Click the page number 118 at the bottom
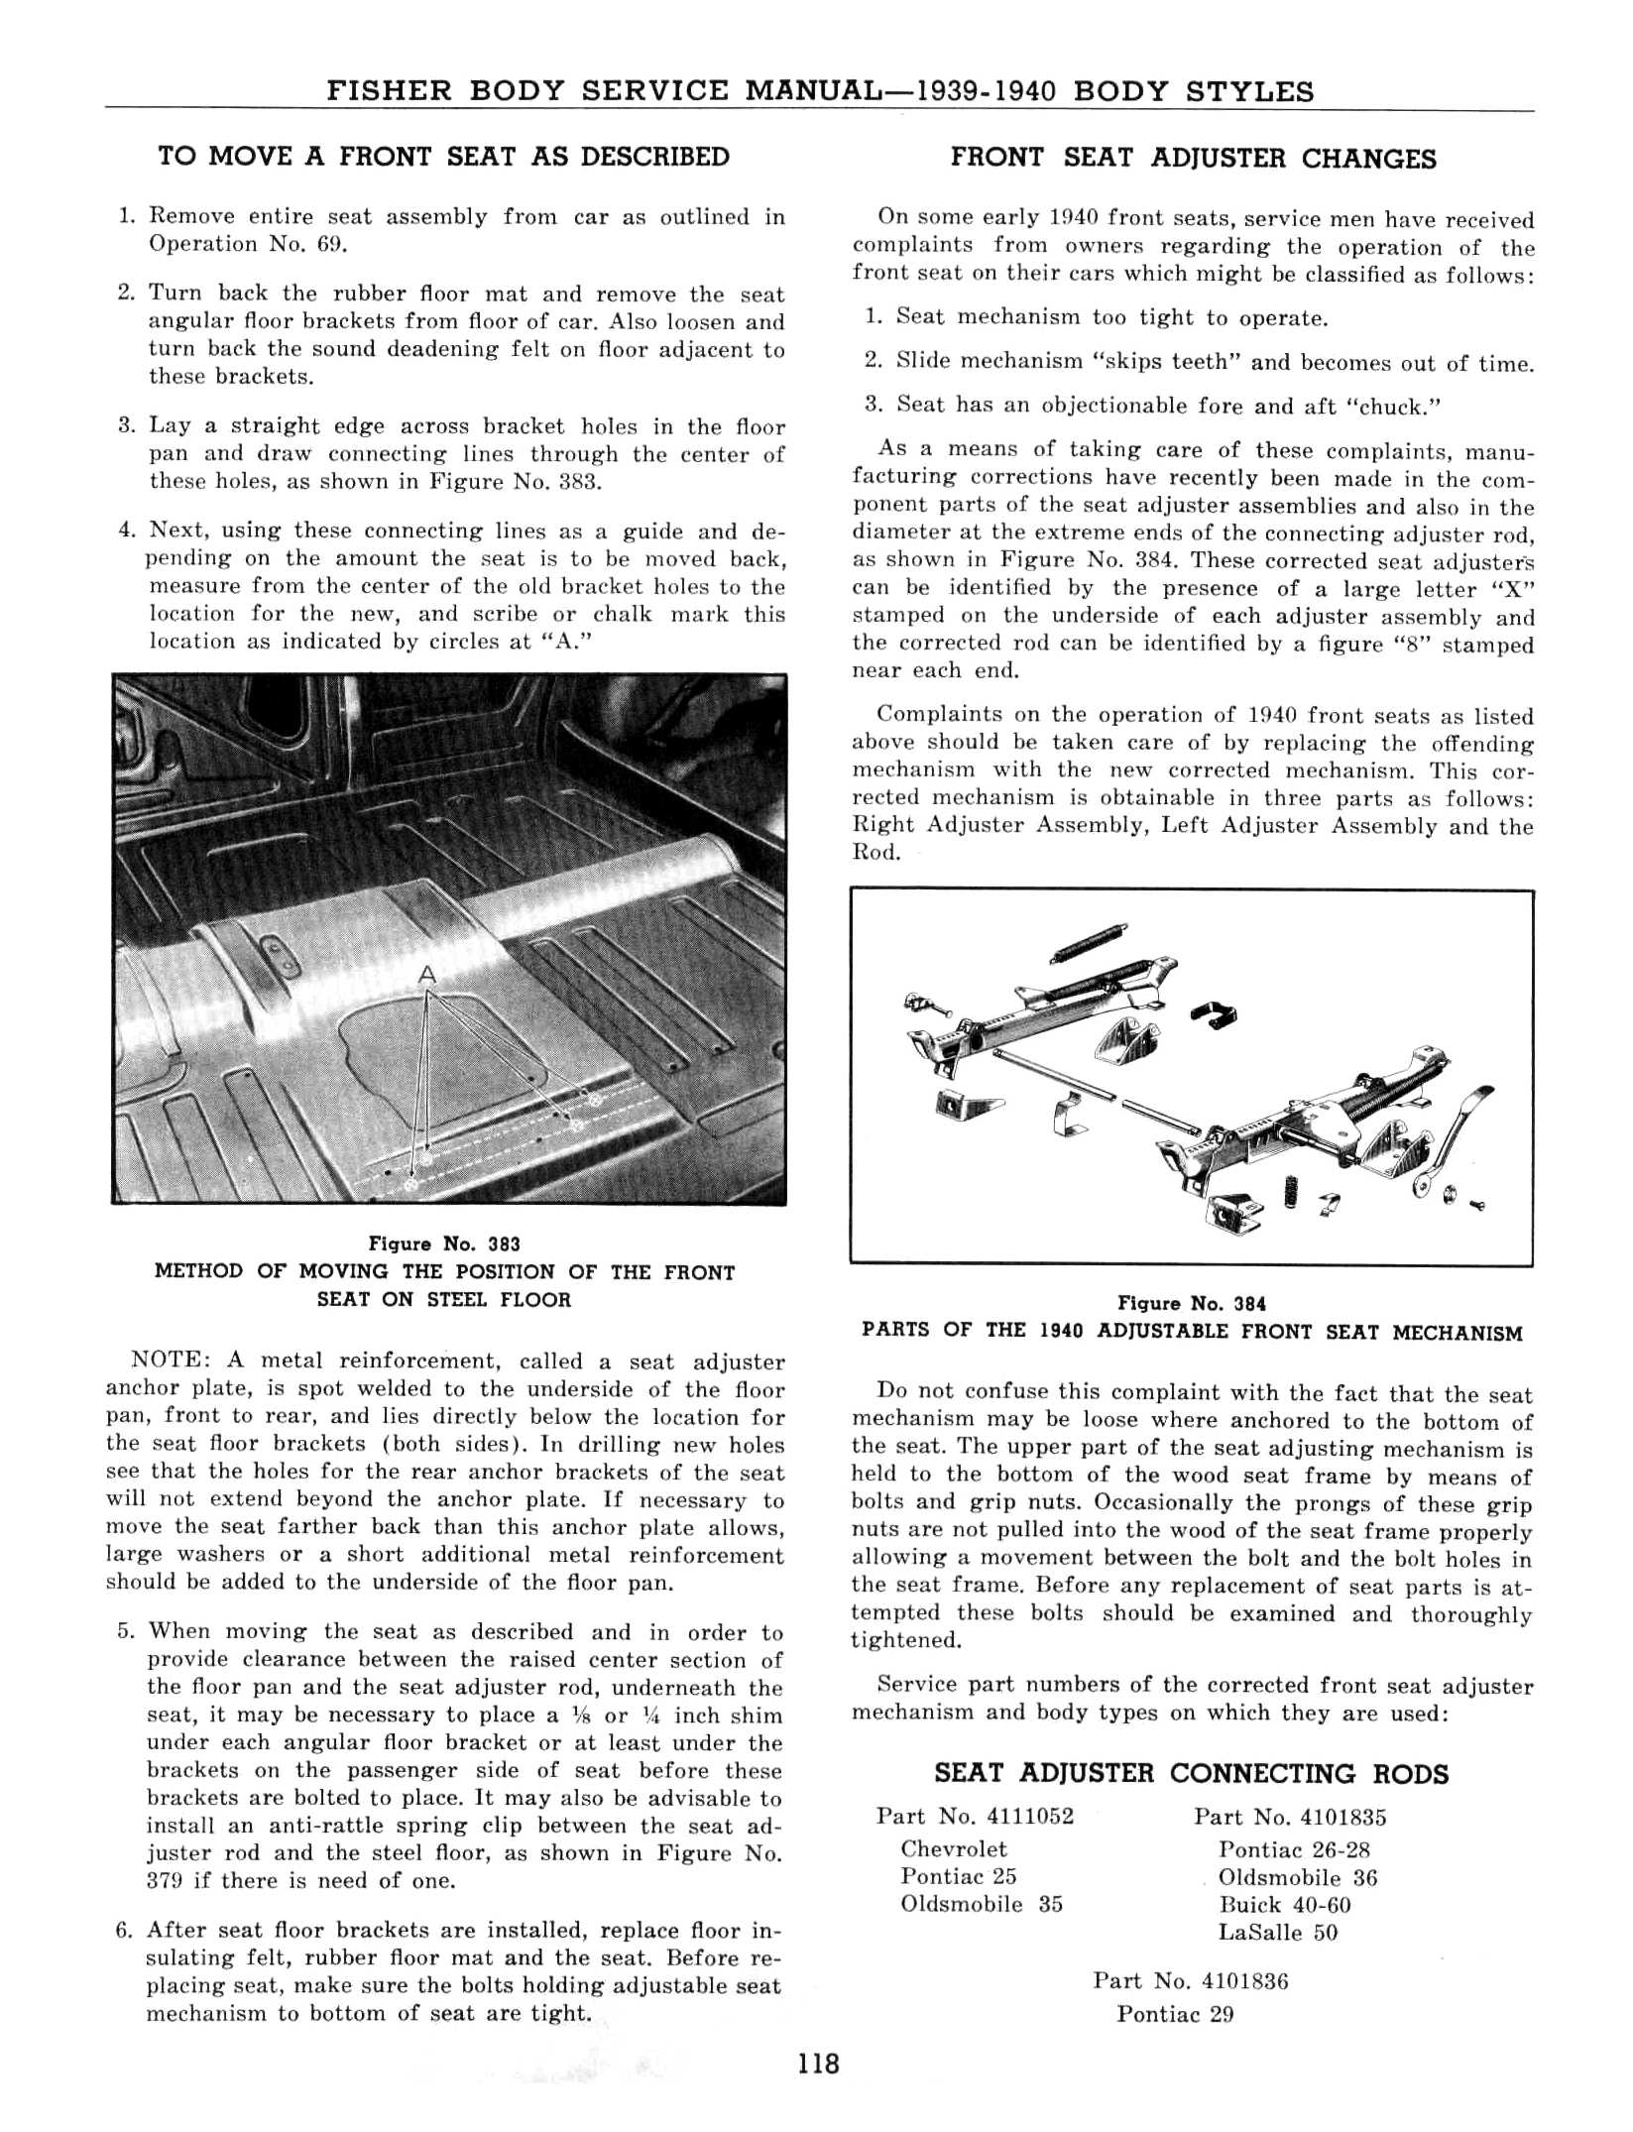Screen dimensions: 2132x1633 (x=818, y=2064)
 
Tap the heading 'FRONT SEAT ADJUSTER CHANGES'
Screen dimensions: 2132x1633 (x=1193, y=159)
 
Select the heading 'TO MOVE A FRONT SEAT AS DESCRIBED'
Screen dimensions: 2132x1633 (x=443, y=157)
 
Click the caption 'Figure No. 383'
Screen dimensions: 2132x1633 (x=444, y=1244)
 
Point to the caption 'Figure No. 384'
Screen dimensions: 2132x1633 (x=1192, y=1304)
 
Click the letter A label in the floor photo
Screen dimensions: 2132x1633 (x=426, y=975)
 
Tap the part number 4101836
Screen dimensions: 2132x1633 (x=1244, y=1982)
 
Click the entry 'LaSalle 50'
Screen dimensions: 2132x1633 (x=1277, y=1932)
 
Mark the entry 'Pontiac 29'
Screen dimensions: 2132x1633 (x=1175, y=2014)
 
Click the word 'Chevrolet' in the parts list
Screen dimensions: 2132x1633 (x=953, y=1849)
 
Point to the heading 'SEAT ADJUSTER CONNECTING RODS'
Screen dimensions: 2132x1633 (x=1191, y=1774)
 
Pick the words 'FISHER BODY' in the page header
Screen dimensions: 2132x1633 (x=445, y=92)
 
